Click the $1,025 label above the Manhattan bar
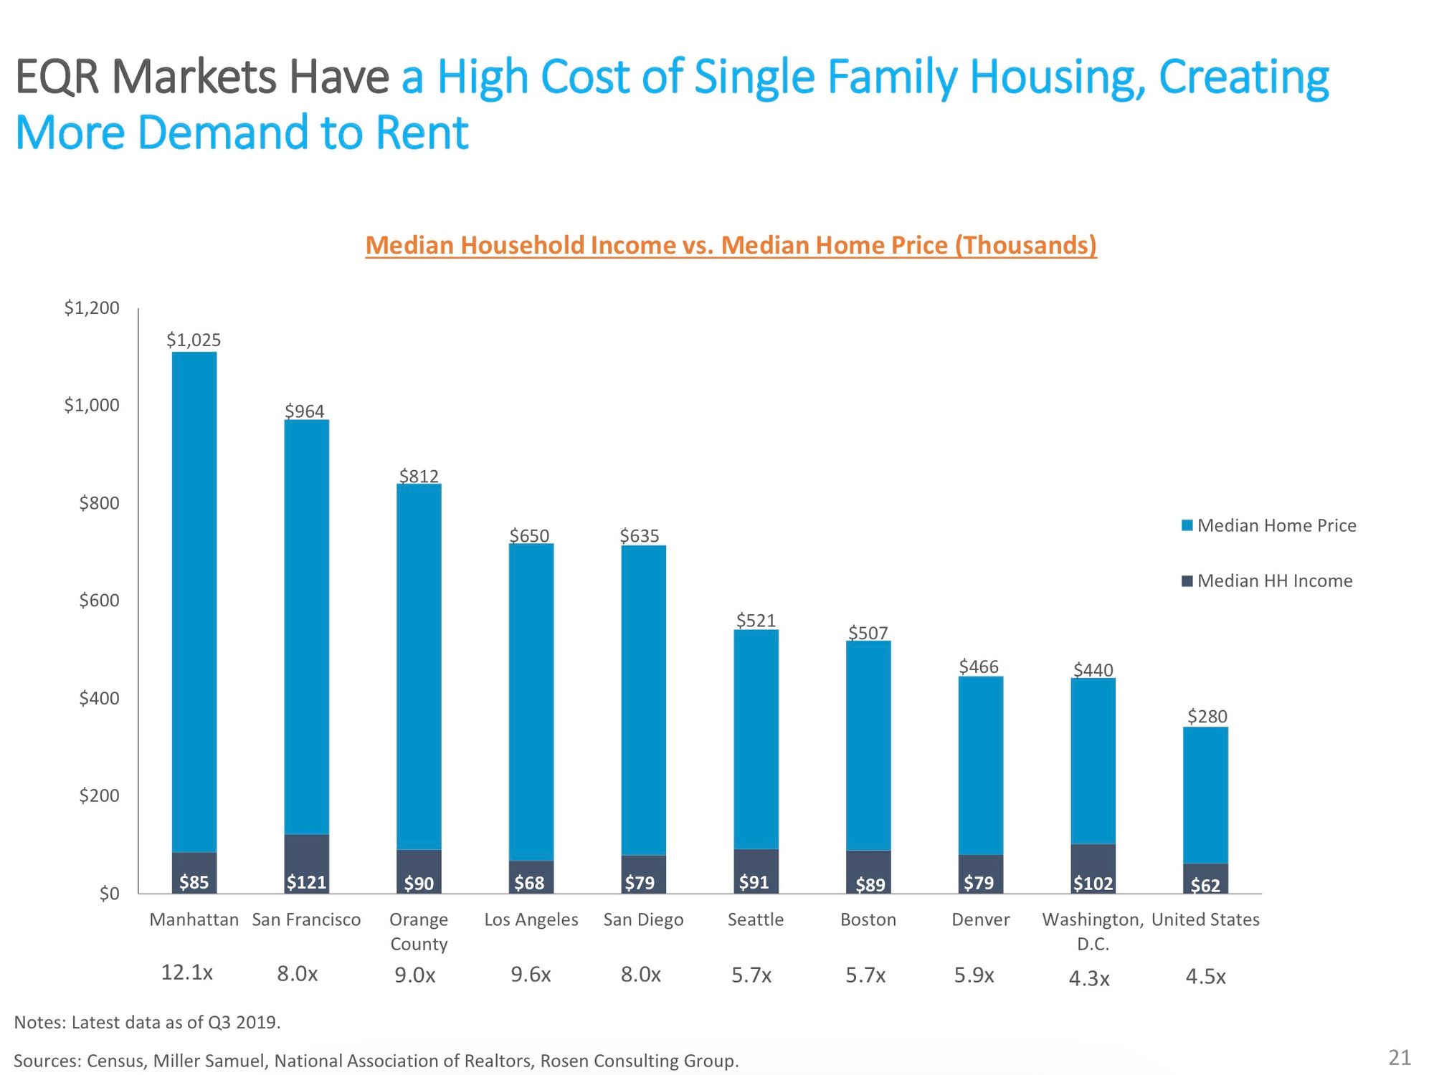pyautogui.click(x=194, y=340)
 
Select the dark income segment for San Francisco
pyautogui.click(x=307, y=863)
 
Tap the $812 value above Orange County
pyautogui.click(x=419, y=476)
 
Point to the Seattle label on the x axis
pyautogui.click(x=756, y=919)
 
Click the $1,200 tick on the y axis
pyautogui.click(x=92, y=308)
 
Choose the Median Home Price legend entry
pyautogui.click(x=1269, y=525)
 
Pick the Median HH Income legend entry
pyautogui.click(x=1267, y=580)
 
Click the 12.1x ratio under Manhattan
pyautogui.click(x=187, y=973)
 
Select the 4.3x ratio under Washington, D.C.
pyautogui.click(x=1089, y=978)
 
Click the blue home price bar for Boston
pyautogui.click(x=868, y=745)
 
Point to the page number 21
pyautogui.click(x=1400, y=1058)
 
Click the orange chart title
pyautogui.click(x=731, y=245)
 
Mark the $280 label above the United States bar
pyautogui.click(x=1207, y=716)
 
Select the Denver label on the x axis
pyautogui.click(x=980, y=919)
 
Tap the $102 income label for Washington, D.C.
pyautogui.click(x=1093, y=884)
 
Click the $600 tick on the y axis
pyautogui.click(x=99, y=601)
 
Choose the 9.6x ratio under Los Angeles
pyautogui.click(x=531, y=975)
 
